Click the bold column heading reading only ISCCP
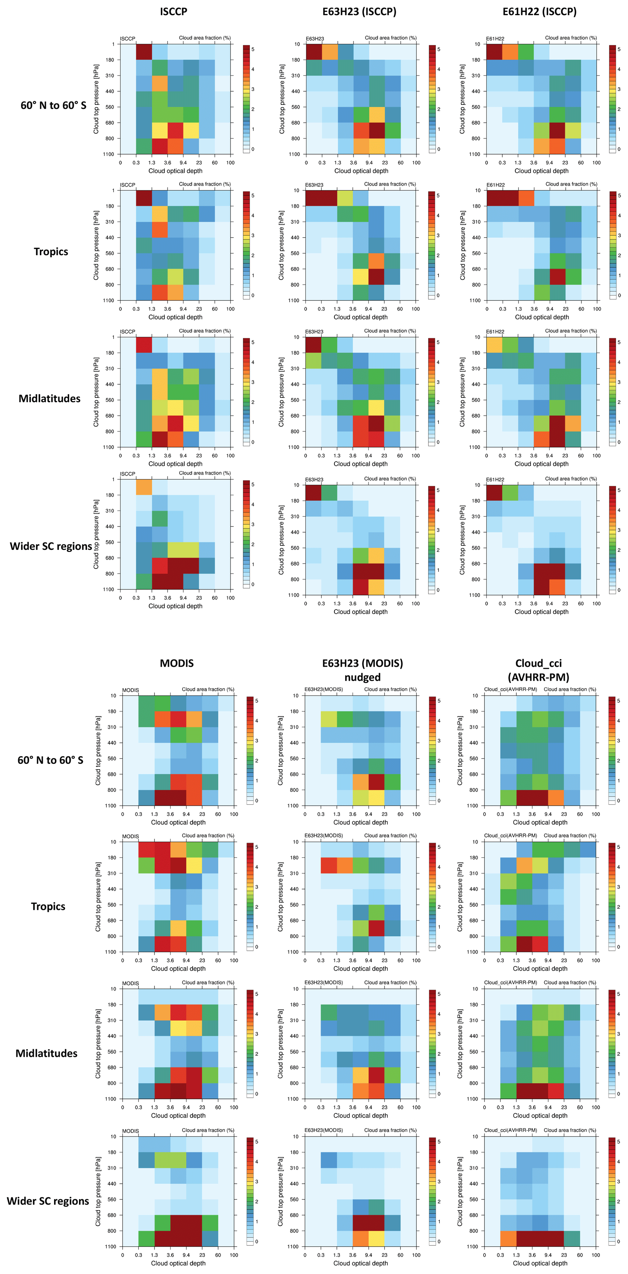[x=173, y=11]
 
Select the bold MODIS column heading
[x=177, y=663]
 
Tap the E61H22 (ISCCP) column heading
[x=540, y=11]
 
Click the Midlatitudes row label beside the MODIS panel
[x=46, y=1053]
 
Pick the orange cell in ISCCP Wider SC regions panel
[x=144, y=487]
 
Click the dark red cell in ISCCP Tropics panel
[x=144, y=198]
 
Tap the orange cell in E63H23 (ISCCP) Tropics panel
[x=376, y=261]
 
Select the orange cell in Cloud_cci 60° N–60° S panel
[x=556, y=798]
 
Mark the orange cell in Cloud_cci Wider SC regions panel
[x=508, y=1238]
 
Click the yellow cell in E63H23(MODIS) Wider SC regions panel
[x=376, y=1238]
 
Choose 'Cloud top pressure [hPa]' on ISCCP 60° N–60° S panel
[x=96, y=99]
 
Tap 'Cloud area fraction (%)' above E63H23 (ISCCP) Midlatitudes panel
[x=390, y=331]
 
